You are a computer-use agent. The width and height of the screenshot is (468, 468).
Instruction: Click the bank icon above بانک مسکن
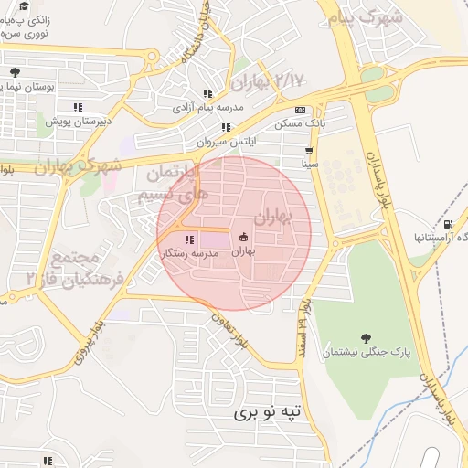tap(300, 110)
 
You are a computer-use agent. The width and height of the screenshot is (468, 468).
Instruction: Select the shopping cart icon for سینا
tap(310, 151)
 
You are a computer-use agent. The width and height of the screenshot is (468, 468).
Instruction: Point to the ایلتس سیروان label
tap(227, 143)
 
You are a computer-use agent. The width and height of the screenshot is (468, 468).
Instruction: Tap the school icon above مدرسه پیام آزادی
tap(207, 93)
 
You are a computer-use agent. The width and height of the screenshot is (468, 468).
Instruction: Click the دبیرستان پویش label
tap(79, 120)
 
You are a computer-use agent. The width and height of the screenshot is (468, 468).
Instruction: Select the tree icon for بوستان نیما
tap(14, 72)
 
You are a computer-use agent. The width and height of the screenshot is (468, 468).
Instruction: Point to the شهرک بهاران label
tap(78, 166)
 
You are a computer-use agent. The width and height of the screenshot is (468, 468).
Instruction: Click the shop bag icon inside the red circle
tap(243, 237)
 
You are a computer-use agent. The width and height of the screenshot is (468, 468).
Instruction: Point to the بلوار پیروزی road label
tap(94, 340)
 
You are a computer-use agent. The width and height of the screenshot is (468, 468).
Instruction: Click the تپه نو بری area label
tap(272, 412)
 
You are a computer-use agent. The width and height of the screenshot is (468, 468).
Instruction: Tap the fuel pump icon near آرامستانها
tap(447, 224)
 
